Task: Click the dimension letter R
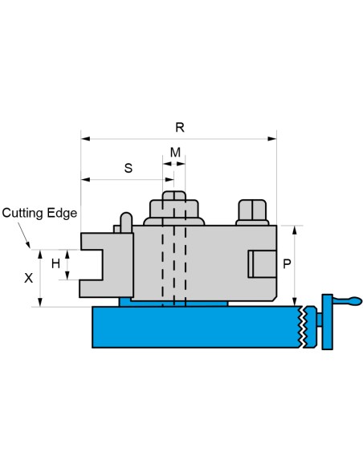(179, 128)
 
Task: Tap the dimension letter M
(175, 153)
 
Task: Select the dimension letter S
(128, 168)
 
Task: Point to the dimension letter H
(55, 263)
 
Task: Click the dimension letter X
(28, 278)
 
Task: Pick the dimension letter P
(287, 263)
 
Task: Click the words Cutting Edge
(39, 214)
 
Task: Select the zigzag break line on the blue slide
(303, 327)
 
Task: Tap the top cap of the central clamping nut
(173, 196)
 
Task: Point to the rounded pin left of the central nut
(126, 222)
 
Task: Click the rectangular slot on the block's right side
(262, 264)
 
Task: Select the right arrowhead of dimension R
(272, 139)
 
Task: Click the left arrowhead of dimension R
(85, 139)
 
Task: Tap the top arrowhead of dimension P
(295, 230)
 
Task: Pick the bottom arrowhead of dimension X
(40, 303)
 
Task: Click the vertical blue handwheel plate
(328, 322)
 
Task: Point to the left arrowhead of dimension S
(85, 179)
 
